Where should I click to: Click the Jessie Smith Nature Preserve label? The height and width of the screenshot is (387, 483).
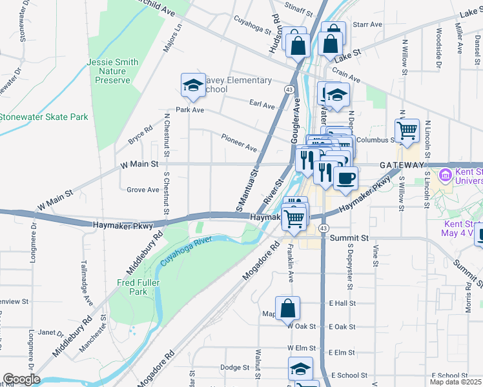(x=113, y=72)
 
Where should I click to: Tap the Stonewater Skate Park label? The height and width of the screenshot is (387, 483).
(x=43, y=117)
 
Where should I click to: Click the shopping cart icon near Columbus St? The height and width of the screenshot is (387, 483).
(x=407, y=131)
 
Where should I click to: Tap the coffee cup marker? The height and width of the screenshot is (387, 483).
(x=345, y=178)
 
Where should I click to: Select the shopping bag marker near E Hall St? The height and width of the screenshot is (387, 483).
(x=288, y=308)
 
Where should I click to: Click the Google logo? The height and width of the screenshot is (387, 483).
(x=21, y=379)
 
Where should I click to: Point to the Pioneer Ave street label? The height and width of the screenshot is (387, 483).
(x=239, y=142)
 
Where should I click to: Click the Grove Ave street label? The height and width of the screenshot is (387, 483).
(x=143, y=190)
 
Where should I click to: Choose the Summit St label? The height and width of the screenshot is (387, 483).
(x=349, y=237)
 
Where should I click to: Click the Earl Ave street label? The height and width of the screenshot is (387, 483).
(x=262, y=104)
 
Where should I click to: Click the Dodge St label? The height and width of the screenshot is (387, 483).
(x=234, y=368)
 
